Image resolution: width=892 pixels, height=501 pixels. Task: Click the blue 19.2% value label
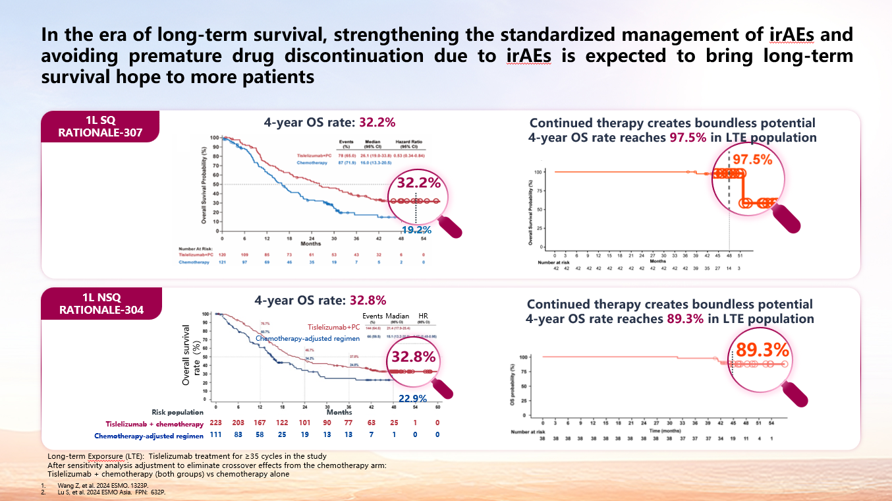[416, 230]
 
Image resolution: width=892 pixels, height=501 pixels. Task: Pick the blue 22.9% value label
[412, 398]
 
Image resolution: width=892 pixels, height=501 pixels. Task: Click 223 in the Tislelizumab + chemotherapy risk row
[215, 423]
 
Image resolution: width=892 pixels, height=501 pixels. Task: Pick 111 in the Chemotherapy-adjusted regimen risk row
[215, 435]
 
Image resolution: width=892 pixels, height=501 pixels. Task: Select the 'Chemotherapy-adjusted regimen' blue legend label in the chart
[307, 338]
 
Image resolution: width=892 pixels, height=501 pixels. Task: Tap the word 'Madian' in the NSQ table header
[397, 316]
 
